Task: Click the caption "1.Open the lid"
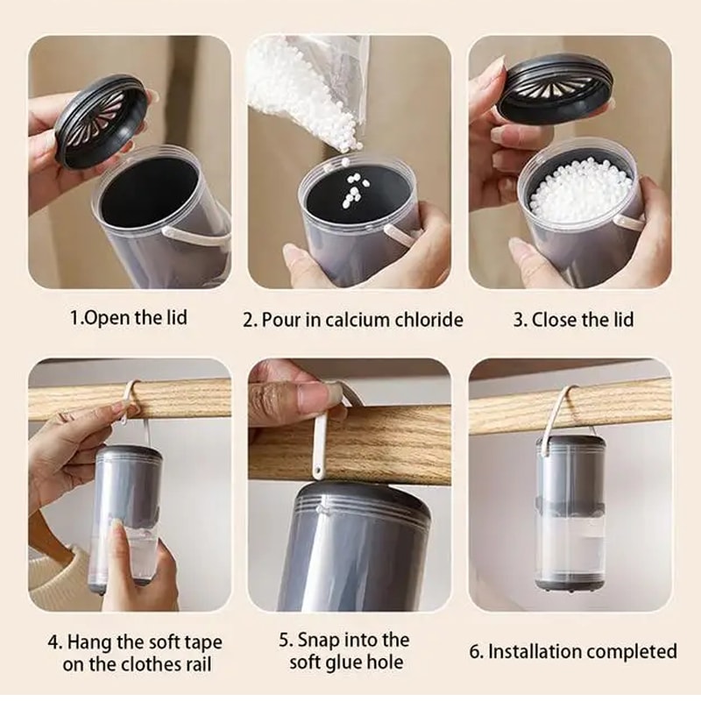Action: pos(129,317)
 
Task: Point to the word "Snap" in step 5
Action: pos(319,640)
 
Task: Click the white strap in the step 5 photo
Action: pos(321,438)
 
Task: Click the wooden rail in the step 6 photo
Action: pos(613,403)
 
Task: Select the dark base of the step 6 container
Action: pos(570,581)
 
